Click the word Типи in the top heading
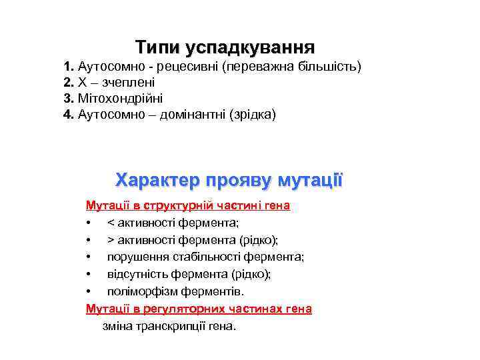pos(158,48)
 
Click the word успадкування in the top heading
pos(251,48)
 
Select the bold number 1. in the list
pos(69,67)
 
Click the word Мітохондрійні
pos(120,99)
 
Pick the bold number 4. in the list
pos(69,115)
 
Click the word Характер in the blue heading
pos(157,180)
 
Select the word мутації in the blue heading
pos(309,180)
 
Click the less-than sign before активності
pos(111,223)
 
